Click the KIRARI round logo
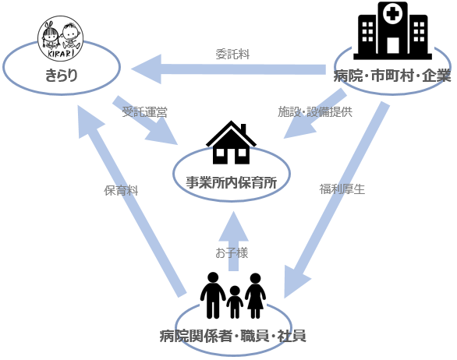[x=61, y=38]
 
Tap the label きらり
[x=62, y=75]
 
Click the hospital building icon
[x=392, y=30]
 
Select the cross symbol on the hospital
[x=392, y=14]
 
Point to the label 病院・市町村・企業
[x=392, y=76]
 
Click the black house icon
[x=231, y=143]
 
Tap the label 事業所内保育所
[x=232, y=182]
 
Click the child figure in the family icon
[x=235, y=302]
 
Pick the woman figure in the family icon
[x=255, y=295]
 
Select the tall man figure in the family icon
[x=213, y=295]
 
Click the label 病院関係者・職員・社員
[x=233, y=336]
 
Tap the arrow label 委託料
[x=232, y=55]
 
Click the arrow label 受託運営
[x=144, y=112]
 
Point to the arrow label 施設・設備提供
[x=315, y=111]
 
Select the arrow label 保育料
[x=121, y=190]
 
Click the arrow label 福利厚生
[x=342, y=189]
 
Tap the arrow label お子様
[x=232, y=252]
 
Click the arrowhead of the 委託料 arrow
[x=147, y=69]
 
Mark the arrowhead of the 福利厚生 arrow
[x=296, y=282]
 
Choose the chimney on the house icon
[x=243, y=129]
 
